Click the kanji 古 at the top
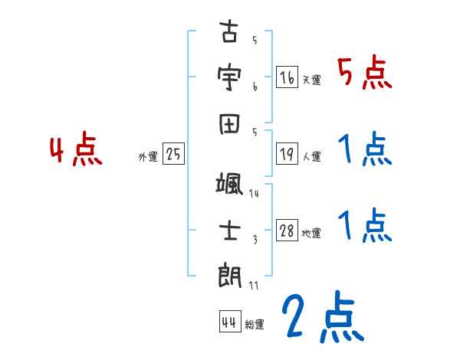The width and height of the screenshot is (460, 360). [x=230, y=35]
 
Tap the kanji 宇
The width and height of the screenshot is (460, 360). [x=230, y=77]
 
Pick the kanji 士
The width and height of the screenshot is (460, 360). [x=230, y=229]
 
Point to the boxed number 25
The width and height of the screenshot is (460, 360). [x=174, y=155]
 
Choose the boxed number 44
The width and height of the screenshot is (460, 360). [x=228, y=322]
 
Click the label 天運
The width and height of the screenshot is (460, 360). [x=311, y=80]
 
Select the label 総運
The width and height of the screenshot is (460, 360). [x=255, y=324]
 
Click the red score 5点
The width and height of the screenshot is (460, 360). [x=365, y=74]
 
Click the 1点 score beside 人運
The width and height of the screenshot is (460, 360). [x=365, y=149]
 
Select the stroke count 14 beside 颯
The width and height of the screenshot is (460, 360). [x=255, y=194]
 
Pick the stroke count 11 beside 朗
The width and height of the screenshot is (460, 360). [x=255, y=285]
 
